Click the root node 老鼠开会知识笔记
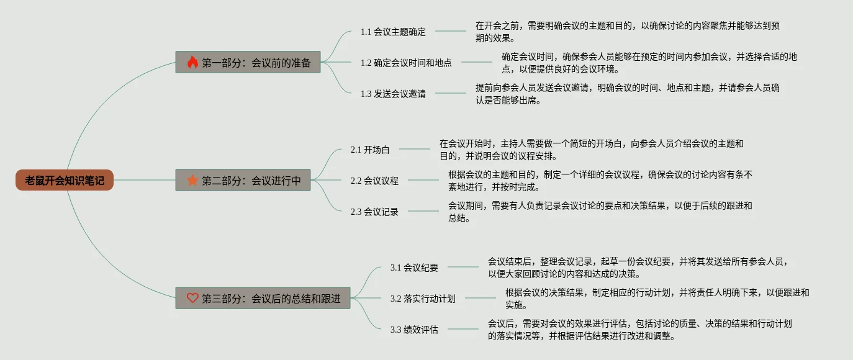click(x=65, y=181)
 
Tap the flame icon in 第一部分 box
click(x=192, y=62)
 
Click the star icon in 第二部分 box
click(x=192, y=181)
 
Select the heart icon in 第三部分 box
click(x=192, y=298)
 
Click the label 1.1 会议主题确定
click(x=393, y=32)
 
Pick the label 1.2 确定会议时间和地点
click(x=406, y=63)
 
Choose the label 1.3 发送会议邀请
click(x=393, y=94)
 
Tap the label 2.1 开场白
click(x=369, y=150)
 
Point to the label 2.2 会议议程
click(x=374, y=181)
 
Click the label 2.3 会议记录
click(x=374, y=212)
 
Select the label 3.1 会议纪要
click(x=414, y=268)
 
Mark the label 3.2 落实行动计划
click(x=423, y=299)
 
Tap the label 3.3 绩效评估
click(x=414, y=330)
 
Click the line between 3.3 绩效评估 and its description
click(x=463, y=329)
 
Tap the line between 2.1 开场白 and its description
click(x=414, y=149)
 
